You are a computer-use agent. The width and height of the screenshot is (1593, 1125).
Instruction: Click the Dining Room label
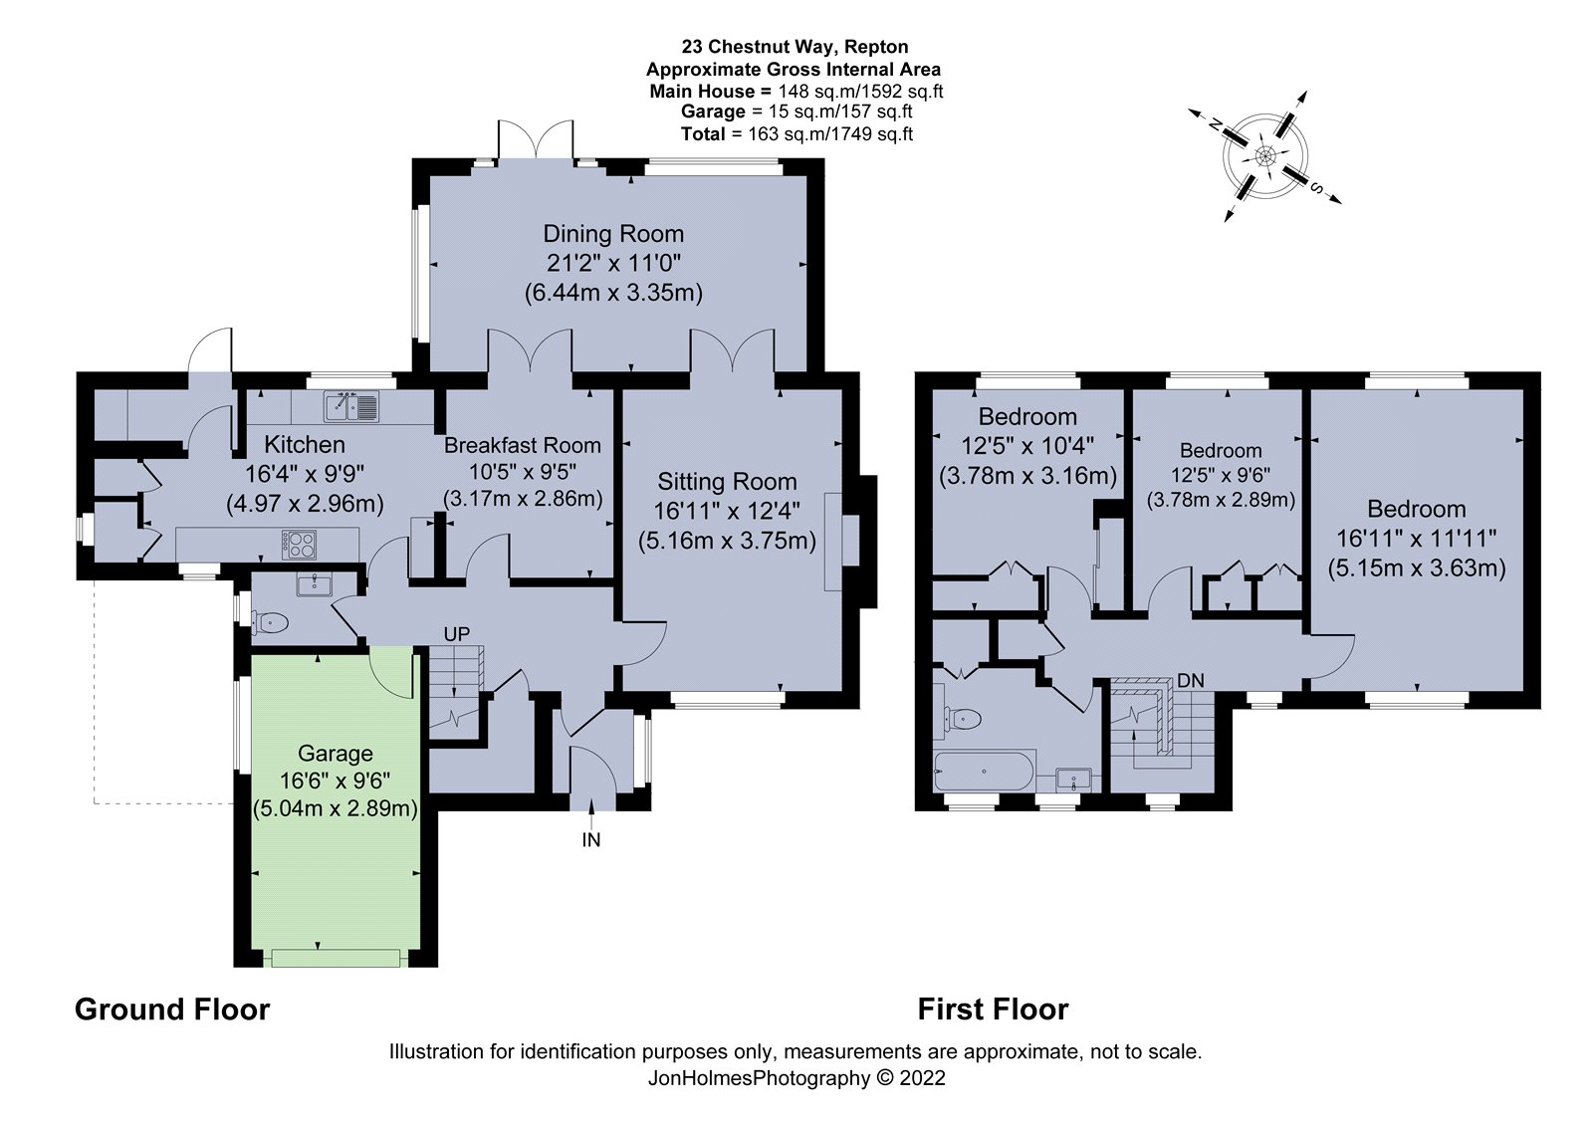(x=613, y=233)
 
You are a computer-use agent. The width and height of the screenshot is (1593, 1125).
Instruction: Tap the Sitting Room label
(x=727, y=482)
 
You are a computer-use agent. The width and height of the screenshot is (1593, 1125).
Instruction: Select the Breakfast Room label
(x=523, y=445)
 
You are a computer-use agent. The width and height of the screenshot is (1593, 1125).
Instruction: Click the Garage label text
(x=335, y=753)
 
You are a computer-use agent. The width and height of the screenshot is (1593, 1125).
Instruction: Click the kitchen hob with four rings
(x=300, y=545)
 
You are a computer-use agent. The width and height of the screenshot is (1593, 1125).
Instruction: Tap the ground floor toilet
(x=269, y=623)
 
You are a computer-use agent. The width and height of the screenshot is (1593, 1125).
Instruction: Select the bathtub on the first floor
(x=986, y=771)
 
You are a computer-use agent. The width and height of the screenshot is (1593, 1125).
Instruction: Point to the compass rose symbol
(x=1265, y=155)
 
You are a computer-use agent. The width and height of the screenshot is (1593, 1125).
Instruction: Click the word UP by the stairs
(x=457, y=634)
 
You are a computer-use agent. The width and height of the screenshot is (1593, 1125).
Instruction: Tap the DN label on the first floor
(x=1191, y=681)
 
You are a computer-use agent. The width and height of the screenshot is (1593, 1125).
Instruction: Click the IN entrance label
(x=591, y=840)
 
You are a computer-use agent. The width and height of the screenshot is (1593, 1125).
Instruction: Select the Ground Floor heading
(x=172, y=1010)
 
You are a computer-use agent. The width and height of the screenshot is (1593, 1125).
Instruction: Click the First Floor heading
(x=993, y=1010)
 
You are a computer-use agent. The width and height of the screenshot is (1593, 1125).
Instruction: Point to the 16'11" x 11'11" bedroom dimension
(x=1417, y=539)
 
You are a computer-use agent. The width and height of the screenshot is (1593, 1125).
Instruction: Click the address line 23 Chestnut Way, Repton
(x=795, y=47)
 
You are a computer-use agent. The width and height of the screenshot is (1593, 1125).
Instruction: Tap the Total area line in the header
(x=796, y=134)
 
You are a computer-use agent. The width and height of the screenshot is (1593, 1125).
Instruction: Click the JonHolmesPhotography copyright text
(x=796, y=1078)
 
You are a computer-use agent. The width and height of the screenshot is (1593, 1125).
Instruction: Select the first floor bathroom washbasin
(x=1073, y=778)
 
